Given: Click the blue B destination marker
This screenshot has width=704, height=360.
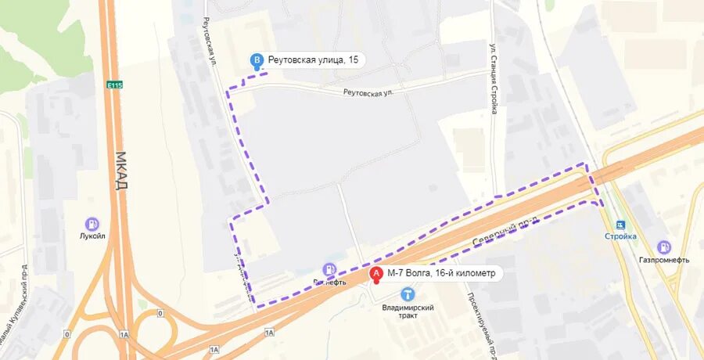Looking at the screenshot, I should pyautogui.click(x=256, y=60).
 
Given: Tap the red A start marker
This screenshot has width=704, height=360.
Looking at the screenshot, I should pyautogui.click(x=376, y=274).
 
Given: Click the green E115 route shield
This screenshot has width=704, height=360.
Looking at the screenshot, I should pyautogui.click(x=116, y=85).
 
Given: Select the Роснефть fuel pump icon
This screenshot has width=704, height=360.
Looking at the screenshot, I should pyautogui.click(x=330, y=269).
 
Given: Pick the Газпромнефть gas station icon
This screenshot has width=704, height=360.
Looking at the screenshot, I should pyautogui.click(x=663, y=247).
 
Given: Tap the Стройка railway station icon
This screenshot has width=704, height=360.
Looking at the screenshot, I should pyautogui.click(x=620, y=225).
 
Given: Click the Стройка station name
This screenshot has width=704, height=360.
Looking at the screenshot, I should pyautogui.click(x=620, y=236).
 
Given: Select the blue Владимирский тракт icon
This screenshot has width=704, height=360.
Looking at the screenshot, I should pyautogui.click(x=408, y=293).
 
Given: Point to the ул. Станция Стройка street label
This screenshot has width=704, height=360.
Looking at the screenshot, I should pyautogui.click(x=494, y=78).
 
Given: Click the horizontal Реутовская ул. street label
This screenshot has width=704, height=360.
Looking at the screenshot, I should pyautogui.click(x=368, y=92).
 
